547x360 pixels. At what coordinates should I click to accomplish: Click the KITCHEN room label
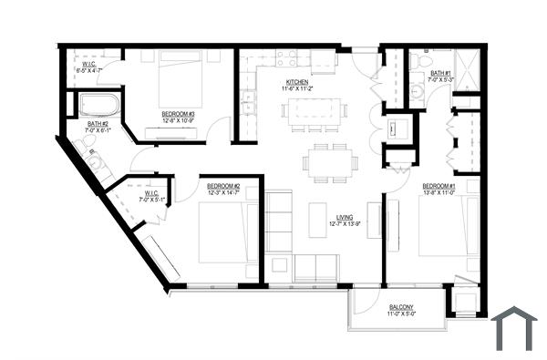click(x=296, y=82)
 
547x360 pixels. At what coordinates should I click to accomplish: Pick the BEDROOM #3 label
click(x=179, y=114)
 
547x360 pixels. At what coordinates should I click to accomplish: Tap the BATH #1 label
click(x=442, y=73)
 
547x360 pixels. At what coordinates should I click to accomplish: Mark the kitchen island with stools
click(x=314, y=112)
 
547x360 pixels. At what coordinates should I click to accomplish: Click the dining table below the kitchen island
click(x=330, y=162)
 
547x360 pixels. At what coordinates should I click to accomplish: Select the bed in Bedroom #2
click(x=223, y=231)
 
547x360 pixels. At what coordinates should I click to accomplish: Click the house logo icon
click(x=514, y=329)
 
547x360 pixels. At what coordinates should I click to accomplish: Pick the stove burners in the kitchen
click(x=287, y=59)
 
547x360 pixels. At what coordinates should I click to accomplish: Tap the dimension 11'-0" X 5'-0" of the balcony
click(x=400, y=314)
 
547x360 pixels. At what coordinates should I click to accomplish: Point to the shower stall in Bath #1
click(x=468, y=69)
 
